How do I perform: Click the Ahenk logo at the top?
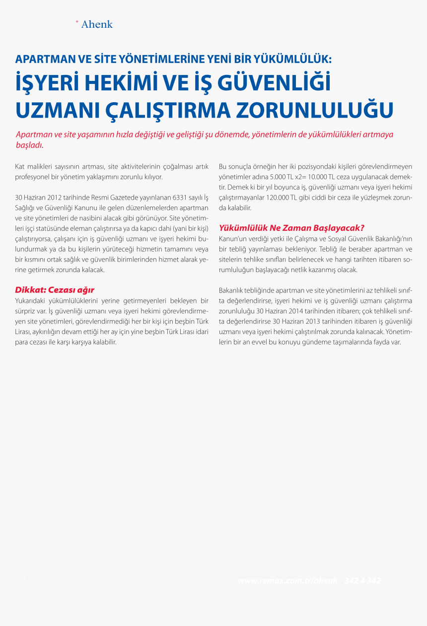(x=97, y=24)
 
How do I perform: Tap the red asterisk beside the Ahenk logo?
(x=77, y=22)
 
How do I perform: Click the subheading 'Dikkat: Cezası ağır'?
(x=55, y=290)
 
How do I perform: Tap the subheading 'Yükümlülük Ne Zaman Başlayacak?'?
(x=292, y=228)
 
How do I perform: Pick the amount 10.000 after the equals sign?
(x=318, y=177)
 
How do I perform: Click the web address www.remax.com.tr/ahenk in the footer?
(x=287, y=581)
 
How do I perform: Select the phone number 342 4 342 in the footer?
(x=362, y=581)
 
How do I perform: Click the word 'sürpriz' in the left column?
(x=25, y=311)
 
